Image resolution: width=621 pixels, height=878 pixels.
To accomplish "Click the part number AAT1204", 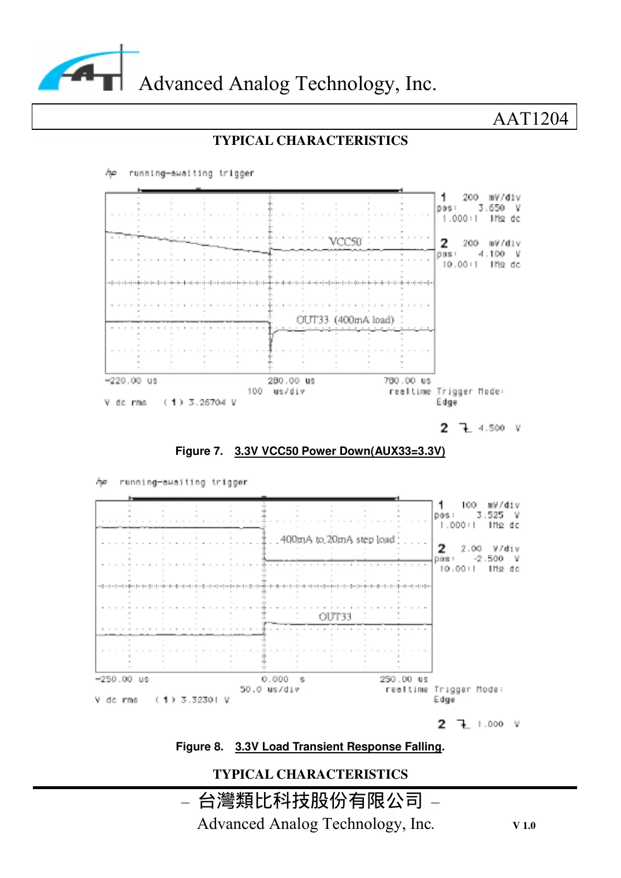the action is pyautogui.click(x=530, y=118).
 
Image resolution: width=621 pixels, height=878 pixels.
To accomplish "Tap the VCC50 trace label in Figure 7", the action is pyautogui.click(x=345, y=241).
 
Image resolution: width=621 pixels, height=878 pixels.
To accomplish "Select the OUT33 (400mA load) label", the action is pyautogui.click(x=345, y=320).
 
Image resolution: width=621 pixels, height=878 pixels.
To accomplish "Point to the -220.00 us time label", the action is pyautogui.click(x=131, y=381).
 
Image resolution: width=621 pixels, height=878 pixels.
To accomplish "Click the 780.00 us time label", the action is pyautogui.click(x=407, y=381).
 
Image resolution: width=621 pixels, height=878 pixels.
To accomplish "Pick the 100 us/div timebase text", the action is pyautogui.click(x=276, y=391).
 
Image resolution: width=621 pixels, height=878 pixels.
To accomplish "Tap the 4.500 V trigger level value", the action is pyautogui.click(x=491, y=428).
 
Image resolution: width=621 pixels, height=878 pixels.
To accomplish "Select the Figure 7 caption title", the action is pyautogui.click(x=340, y=451).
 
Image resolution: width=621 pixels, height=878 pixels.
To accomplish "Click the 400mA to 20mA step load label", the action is pyautogui.click(x=337, y=539).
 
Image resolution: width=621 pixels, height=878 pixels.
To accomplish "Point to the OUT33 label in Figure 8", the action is pyautogui.click(x=335, y=617).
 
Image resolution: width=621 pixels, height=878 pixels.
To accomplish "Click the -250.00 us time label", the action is pyautogui.click(x=122, y=679).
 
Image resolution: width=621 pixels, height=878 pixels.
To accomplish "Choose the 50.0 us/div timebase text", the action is pyautogui.click(x=270, y=689).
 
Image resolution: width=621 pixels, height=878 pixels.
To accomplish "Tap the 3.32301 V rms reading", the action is pyautogui.click(x=204, y=700).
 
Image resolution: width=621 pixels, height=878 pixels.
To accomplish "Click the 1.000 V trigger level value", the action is pyautogui.click(x=490, y=724).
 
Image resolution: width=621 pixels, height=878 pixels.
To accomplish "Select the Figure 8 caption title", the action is pyautogui.click(x=339, y=746).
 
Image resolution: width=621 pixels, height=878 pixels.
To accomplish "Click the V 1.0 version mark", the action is pyautogui.click(x=524, y=825).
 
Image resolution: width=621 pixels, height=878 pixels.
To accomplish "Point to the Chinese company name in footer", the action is pyautogui.click(x=310, y=801).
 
